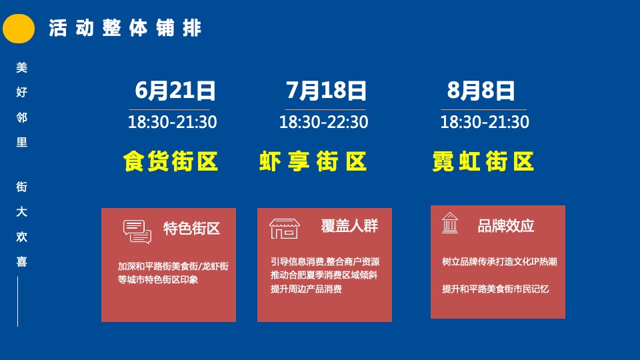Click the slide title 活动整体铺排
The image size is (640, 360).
pyautogui.click(x=125, y=29)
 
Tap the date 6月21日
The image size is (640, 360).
pyautogui.click(x=175, y=90)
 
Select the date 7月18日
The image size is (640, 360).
pyautogui.click(x=326, y=90)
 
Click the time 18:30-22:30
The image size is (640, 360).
pyautogui.click(x=323, y=123)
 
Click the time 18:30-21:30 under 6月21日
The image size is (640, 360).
pyautogui.click(x=172, y=123)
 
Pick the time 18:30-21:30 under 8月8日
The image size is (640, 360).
pyautogui.click(x=485, y=123)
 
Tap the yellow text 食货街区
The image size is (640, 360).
pyautogui.click(x=171, y=162)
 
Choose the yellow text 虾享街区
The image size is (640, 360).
pyautogui.click(x=313, y=162)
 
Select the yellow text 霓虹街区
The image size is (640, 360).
pyautogui.click(x=483, y=162)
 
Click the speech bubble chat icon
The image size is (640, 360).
pyautogui.click(x=137, y=231)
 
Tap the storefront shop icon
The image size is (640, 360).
pyautogui.click(x=284, y=228)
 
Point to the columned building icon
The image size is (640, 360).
pyautogui.click(x=450, y=224)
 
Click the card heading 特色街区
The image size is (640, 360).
pyautogui.click(x=192, y=229)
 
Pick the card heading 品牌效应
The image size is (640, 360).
pyautogui.click(x=506, y=226)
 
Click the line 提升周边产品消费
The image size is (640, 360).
pyautogui.click(x=306, y=289)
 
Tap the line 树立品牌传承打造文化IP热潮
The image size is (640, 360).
pyautogui.click(x=499, y=262)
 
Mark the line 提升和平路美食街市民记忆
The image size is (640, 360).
pyautogui.click(x=495, y=289)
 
